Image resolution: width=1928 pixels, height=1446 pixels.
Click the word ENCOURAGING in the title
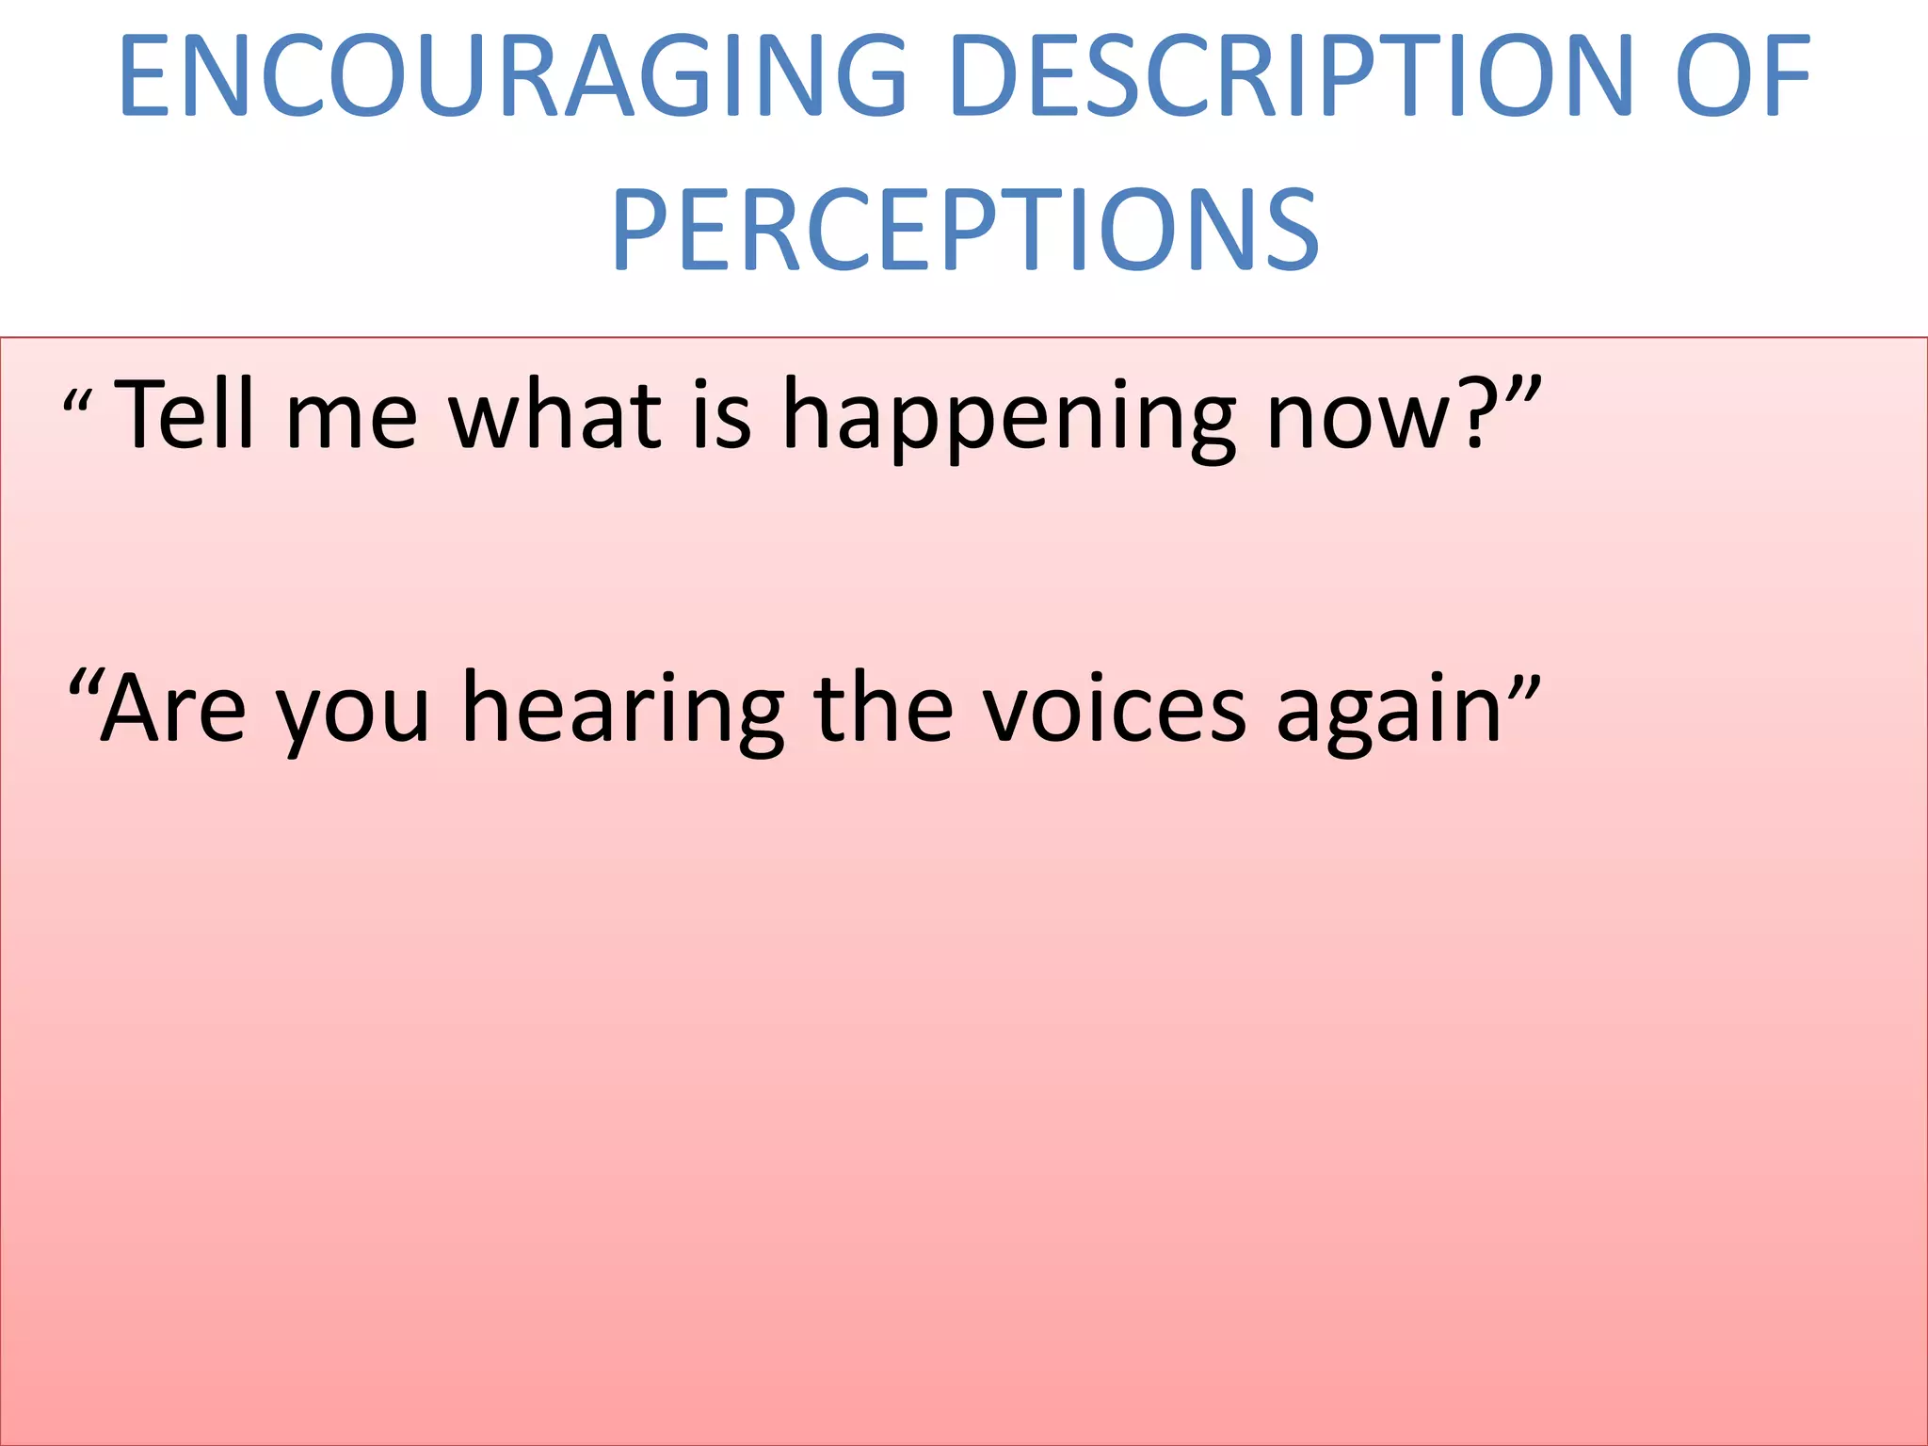(512, 77)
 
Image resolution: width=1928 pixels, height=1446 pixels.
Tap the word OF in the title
(1742, 77)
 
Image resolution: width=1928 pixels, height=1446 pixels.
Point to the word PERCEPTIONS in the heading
(965, 231)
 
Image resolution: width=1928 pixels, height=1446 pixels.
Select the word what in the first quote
(555, 414)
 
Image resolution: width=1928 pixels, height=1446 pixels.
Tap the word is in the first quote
(722, 414)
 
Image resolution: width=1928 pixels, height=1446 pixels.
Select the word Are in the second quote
(173, 708)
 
